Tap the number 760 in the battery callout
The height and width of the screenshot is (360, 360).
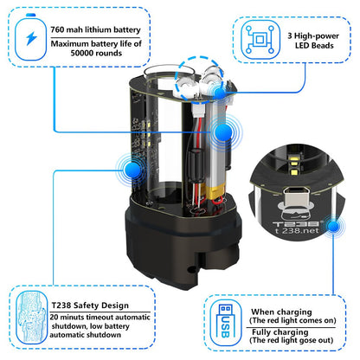coord(57,29)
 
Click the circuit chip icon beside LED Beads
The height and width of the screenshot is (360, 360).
coord(260,39)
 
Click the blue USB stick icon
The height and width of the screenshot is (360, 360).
coord(225,322)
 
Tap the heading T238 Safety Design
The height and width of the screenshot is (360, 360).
coord(90,305)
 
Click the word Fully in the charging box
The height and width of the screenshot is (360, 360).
coord(260,332)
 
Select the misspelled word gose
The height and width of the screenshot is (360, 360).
coord(308,340)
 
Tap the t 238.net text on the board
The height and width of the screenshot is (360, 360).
coord(297,231)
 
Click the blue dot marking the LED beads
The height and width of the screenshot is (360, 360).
coord(220,93)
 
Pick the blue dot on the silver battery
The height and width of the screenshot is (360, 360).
coord(222,132)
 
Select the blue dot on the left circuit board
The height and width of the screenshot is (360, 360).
coord(132,170)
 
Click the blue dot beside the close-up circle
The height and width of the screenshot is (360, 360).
coord(334,226)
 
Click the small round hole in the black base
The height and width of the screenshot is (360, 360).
coord(190,270)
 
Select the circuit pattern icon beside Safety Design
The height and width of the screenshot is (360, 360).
coord(31,318)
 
